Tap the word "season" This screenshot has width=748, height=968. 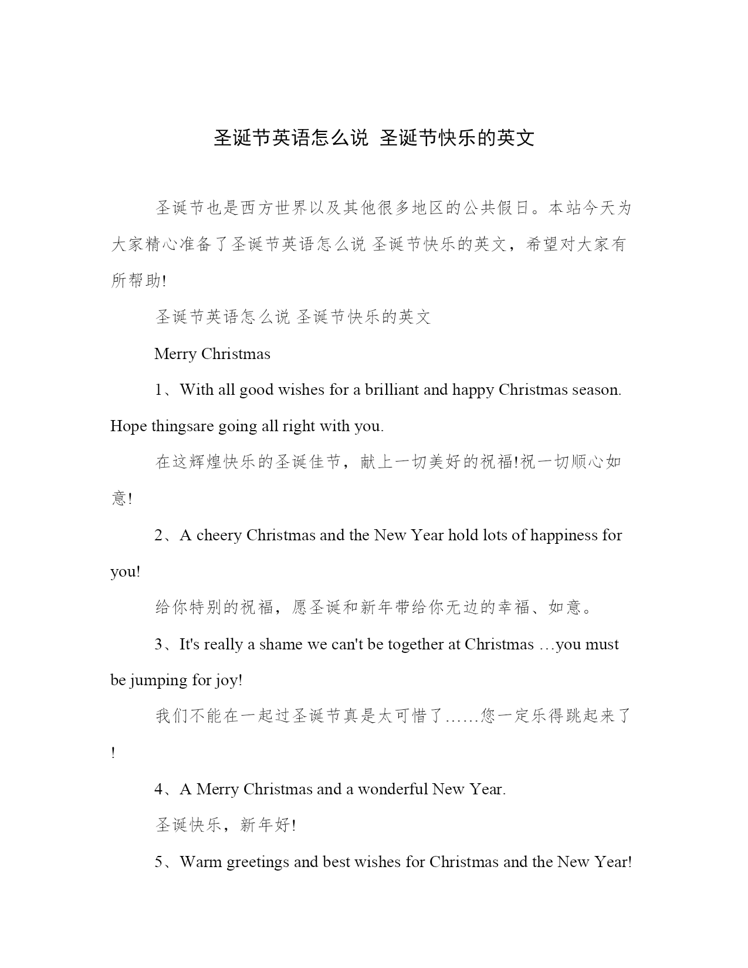595,390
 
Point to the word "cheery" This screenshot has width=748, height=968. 219,536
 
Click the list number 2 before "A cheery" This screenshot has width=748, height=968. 159,536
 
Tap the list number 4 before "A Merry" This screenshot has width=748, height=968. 159,790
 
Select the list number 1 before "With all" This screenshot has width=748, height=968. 158,390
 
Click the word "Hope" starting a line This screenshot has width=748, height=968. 128,427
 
